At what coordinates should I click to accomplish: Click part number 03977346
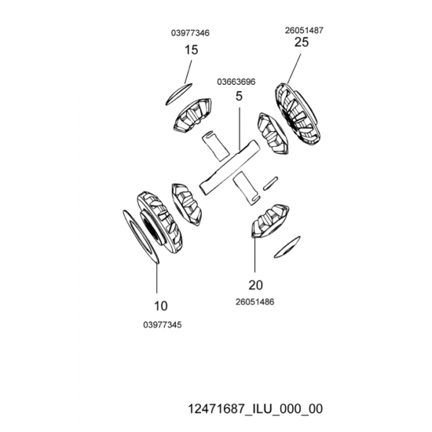point(190,33)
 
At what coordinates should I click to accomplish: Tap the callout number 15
point(191,50)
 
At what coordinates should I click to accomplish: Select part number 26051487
point(304,31)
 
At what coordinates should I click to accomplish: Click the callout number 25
point(302,42)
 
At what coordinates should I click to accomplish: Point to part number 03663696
point(236,82)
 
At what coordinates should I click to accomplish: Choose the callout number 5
point(239,96)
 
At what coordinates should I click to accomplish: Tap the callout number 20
point(256,285)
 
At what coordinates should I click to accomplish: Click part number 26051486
point(254,302)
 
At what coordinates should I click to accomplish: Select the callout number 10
point(160,306)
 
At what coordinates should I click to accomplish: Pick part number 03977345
point(163,325)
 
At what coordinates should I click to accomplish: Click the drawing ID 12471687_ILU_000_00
point(255,408)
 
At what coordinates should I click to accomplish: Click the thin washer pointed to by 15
point(179,94)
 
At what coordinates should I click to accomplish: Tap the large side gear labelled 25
point(298,114)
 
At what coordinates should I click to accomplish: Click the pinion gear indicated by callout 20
point(270,221)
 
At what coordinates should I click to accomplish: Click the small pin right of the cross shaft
point(270,183)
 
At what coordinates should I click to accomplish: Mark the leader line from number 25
point(294,69)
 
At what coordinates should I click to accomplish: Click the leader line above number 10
point(157,278)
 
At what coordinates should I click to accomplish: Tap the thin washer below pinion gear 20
point(287,247)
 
